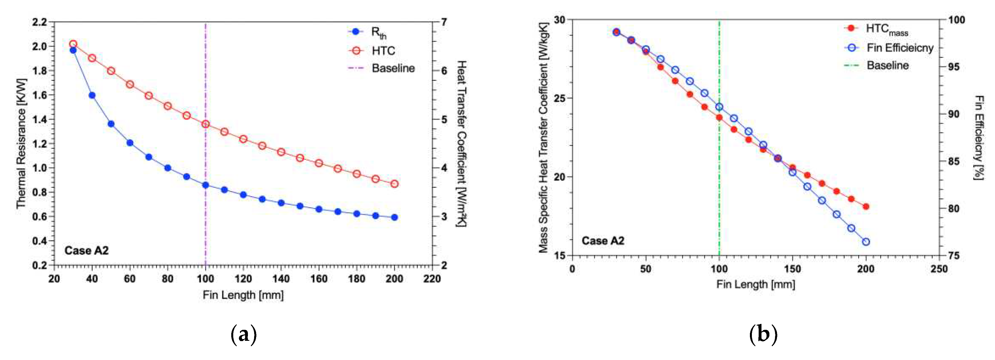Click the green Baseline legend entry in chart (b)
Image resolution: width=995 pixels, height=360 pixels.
887,65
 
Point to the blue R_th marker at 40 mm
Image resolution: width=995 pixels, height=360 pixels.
92,95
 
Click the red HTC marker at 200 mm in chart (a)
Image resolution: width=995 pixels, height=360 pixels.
394,184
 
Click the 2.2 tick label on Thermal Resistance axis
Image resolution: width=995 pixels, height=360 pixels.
39,22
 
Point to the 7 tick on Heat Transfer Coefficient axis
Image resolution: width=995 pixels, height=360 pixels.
444,22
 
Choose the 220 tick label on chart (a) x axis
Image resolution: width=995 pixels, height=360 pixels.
432,278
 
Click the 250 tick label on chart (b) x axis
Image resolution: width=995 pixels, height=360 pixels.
939,269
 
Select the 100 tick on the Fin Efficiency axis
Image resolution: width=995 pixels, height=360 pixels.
956,20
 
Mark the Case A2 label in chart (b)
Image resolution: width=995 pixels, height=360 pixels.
603,241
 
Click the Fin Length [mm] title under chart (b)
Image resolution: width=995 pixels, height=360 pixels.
756,285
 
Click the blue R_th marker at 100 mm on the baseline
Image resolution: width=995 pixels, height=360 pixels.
206,185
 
